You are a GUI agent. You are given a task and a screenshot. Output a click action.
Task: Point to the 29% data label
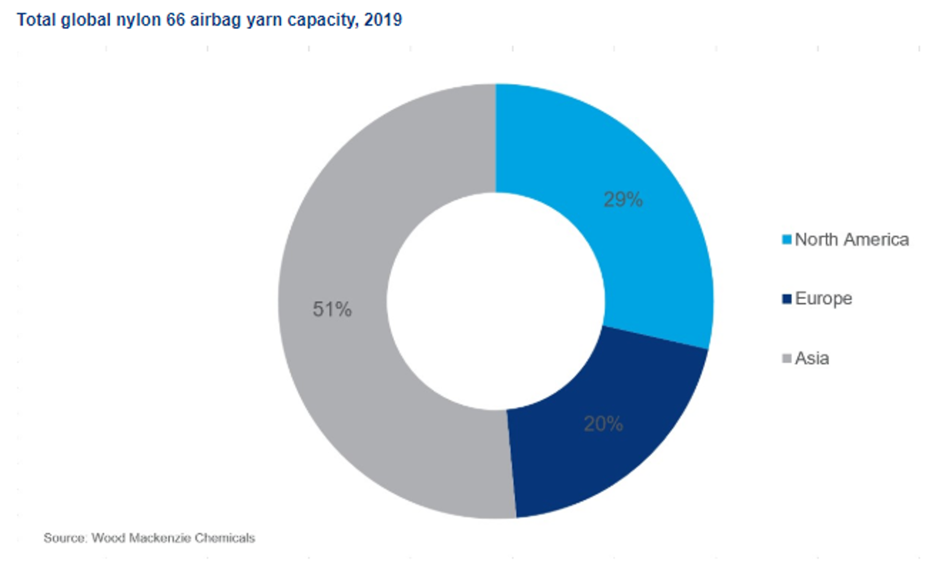point(623,200)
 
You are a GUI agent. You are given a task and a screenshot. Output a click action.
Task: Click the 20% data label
point(603,424)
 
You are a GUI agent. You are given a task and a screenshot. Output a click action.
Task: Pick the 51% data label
point(332,310)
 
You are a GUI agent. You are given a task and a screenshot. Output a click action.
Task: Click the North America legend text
point(851,240)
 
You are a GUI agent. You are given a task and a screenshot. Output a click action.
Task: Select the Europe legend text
point(823,298)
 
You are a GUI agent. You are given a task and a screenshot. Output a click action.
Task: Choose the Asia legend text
point(812,359)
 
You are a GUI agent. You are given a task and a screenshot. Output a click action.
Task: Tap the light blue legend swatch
point(786,240)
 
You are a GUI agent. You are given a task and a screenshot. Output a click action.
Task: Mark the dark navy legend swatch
point(786,299)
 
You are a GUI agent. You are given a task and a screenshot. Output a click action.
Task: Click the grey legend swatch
point(786,359)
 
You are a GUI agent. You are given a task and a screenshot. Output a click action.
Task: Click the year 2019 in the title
point(383,20)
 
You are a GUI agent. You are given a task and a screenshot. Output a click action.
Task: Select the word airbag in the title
point(214,20)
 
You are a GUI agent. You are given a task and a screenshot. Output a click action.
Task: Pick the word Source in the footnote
point(64,538)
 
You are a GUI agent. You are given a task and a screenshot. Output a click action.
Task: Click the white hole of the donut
point(496,301)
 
